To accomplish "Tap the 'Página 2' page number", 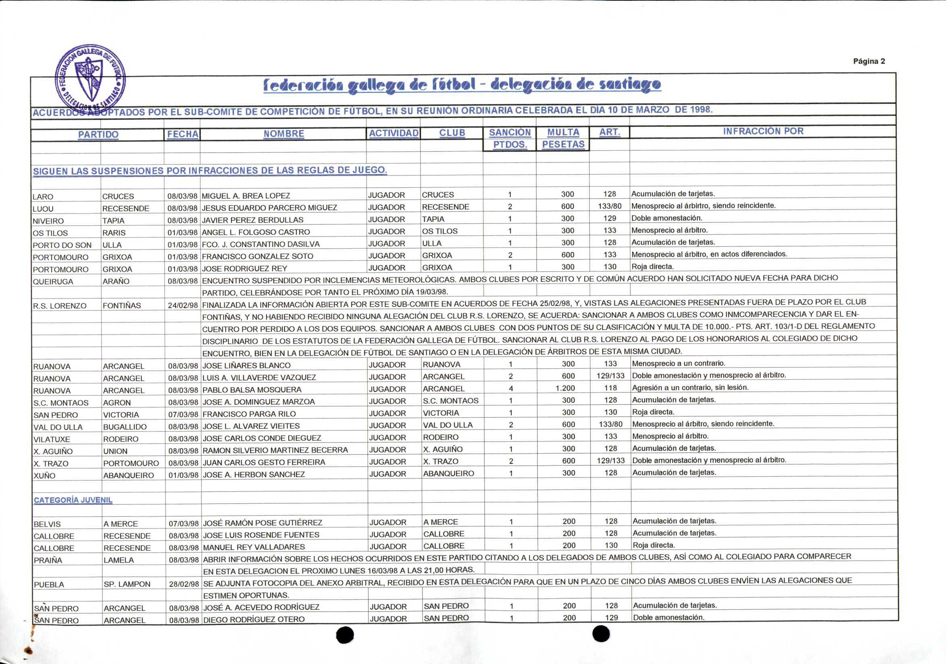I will pos(869,61).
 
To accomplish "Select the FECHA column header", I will pos(183,134).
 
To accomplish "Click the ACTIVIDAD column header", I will pos(394,133).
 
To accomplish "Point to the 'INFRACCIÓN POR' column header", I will pos(763,131).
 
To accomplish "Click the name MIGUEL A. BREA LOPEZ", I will pos(246,196).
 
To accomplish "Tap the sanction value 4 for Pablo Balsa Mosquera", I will pos(511,388).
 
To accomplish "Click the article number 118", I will pos(610,388).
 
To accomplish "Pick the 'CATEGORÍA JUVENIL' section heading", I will pos(73,500).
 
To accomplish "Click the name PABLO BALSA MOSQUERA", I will pos(252,390).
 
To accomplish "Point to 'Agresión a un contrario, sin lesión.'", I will pos(690,388).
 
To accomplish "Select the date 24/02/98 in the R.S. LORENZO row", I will pos(183,306).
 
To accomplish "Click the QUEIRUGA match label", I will pos(53,282).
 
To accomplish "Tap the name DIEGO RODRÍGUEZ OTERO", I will pos(254,619).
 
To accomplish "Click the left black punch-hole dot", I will pos(345,635).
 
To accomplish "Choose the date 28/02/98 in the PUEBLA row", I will pos(184,584).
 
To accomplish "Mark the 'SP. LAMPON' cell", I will pos(127,584).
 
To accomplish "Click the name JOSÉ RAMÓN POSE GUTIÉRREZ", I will pos(262,523).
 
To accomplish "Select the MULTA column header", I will pos(563,132).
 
